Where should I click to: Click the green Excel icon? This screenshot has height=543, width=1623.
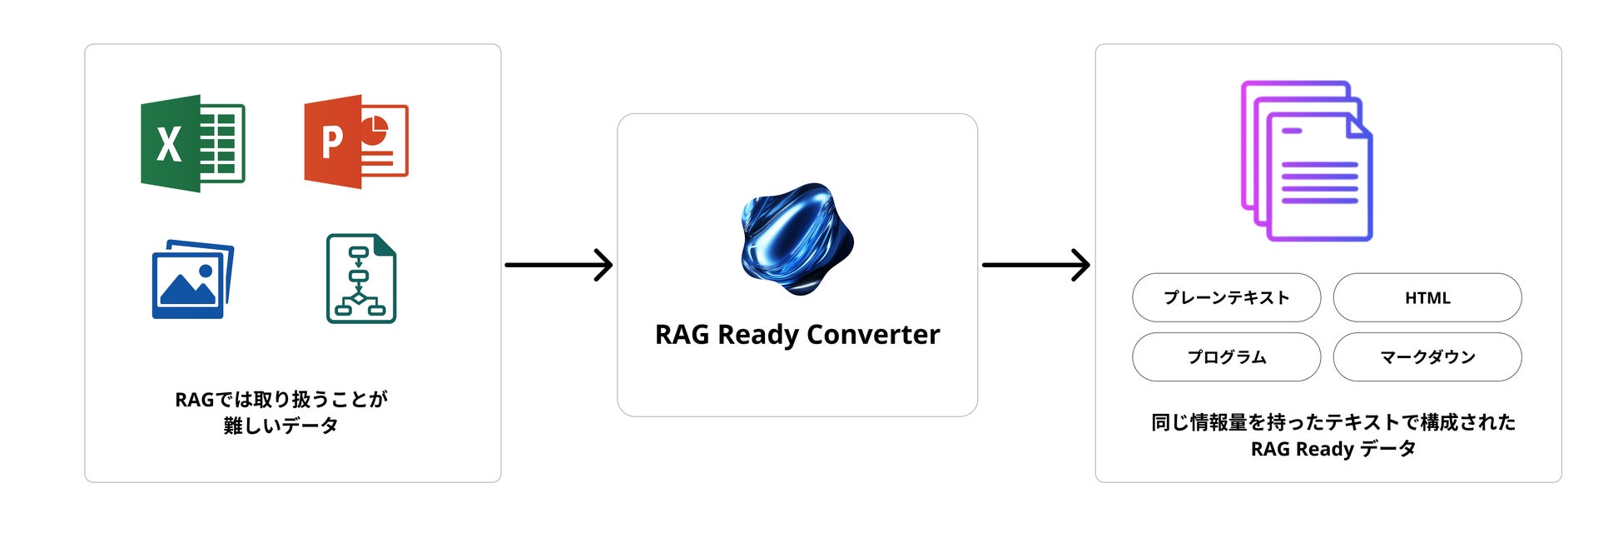tap(193, 143)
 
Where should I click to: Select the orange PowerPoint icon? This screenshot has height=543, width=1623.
tap(356, 142)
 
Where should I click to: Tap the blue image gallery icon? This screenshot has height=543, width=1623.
tap(192, 280)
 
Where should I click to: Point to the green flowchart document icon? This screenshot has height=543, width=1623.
tap(361, 278)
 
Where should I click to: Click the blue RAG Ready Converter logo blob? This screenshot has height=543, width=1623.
tap(797, 238)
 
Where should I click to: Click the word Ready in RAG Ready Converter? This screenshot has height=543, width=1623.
tap(758, 335)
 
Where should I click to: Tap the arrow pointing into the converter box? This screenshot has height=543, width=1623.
tap(558, 265)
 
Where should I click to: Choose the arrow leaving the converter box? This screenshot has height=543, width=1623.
tap(1036, 265)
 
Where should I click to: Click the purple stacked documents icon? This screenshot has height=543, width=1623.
tap(1307, 162)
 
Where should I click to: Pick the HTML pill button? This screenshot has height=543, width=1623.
tap(1427, 297)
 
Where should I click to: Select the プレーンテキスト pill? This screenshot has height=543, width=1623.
tap(1226, 297)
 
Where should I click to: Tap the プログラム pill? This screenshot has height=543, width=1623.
tap(1226, 357)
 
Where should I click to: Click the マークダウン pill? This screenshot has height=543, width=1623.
tap(1427, 357)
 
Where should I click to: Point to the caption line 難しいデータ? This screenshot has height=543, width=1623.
tap(280, 426)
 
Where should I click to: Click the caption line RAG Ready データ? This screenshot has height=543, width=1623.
tap(1333, 449)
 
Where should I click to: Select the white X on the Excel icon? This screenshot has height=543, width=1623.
tap(169, 145)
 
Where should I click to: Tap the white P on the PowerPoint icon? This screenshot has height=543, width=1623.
tap(332, 142)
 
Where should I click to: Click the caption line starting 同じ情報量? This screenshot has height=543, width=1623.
tap(1333, 422)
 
